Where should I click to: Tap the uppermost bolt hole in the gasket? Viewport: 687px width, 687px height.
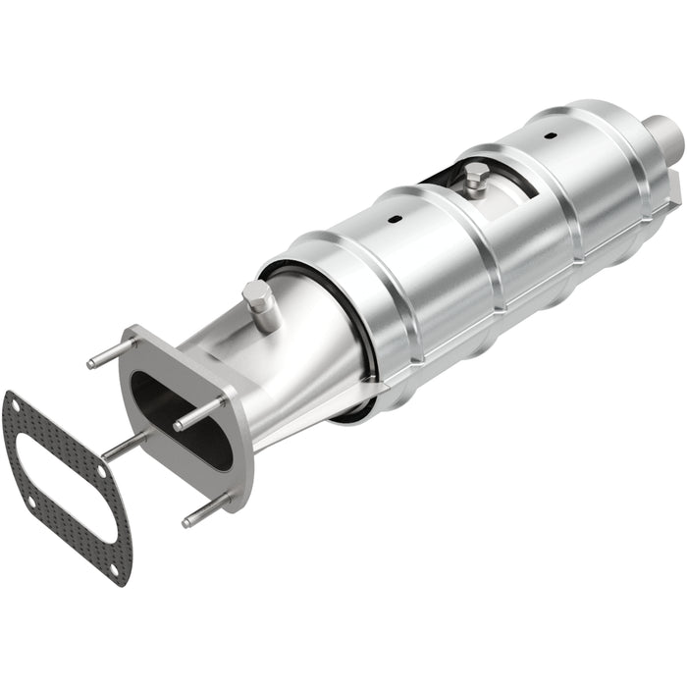click(13, 400)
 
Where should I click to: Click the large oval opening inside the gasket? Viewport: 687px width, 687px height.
click(64, 487)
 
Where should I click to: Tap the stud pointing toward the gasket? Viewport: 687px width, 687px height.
click(123, 448)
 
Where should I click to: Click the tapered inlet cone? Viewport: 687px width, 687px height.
click(294, 343)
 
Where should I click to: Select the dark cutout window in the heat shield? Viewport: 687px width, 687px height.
click(442, 178)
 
